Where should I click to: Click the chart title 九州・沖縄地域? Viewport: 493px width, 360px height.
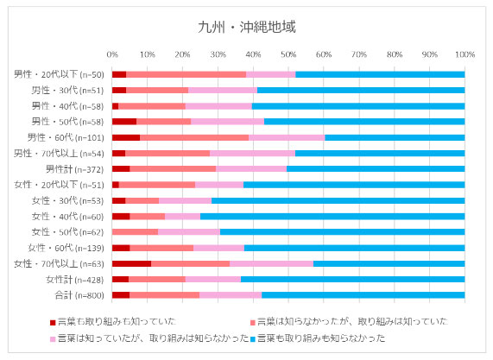point(246,27)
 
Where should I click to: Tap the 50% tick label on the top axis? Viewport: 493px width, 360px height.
point(288,54)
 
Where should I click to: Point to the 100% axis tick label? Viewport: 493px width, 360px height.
point(465,54)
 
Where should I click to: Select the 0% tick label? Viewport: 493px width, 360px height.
point(112,54)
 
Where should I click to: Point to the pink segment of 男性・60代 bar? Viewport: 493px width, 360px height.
point(287,137)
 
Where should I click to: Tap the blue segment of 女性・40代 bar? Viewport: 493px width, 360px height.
point(332,216)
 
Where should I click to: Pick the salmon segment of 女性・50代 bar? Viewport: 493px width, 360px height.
point(135,231)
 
